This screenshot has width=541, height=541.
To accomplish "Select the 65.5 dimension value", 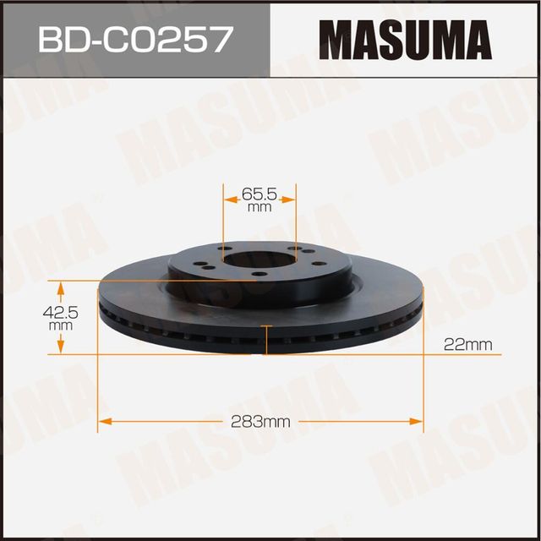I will pyautogui.click(x=260, y=194).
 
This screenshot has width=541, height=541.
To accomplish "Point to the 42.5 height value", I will pyautogui.click(x=60, y=311).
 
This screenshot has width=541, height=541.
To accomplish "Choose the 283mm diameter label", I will pyautogui.click(x=260, y=421).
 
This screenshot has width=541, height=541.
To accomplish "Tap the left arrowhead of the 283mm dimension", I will pyautogui.click(x=105, y=420).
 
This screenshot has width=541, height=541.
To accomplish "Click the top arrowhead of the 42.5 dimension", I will pyautogui.click(x=60, y=285).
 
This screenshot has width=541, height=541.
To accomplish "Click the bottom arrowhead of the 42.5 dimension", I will pyautogui.click(x=60, y=348).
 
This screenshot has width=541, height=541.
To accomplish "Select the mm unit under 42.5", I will pyautogui.click(x=60, y=325).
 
